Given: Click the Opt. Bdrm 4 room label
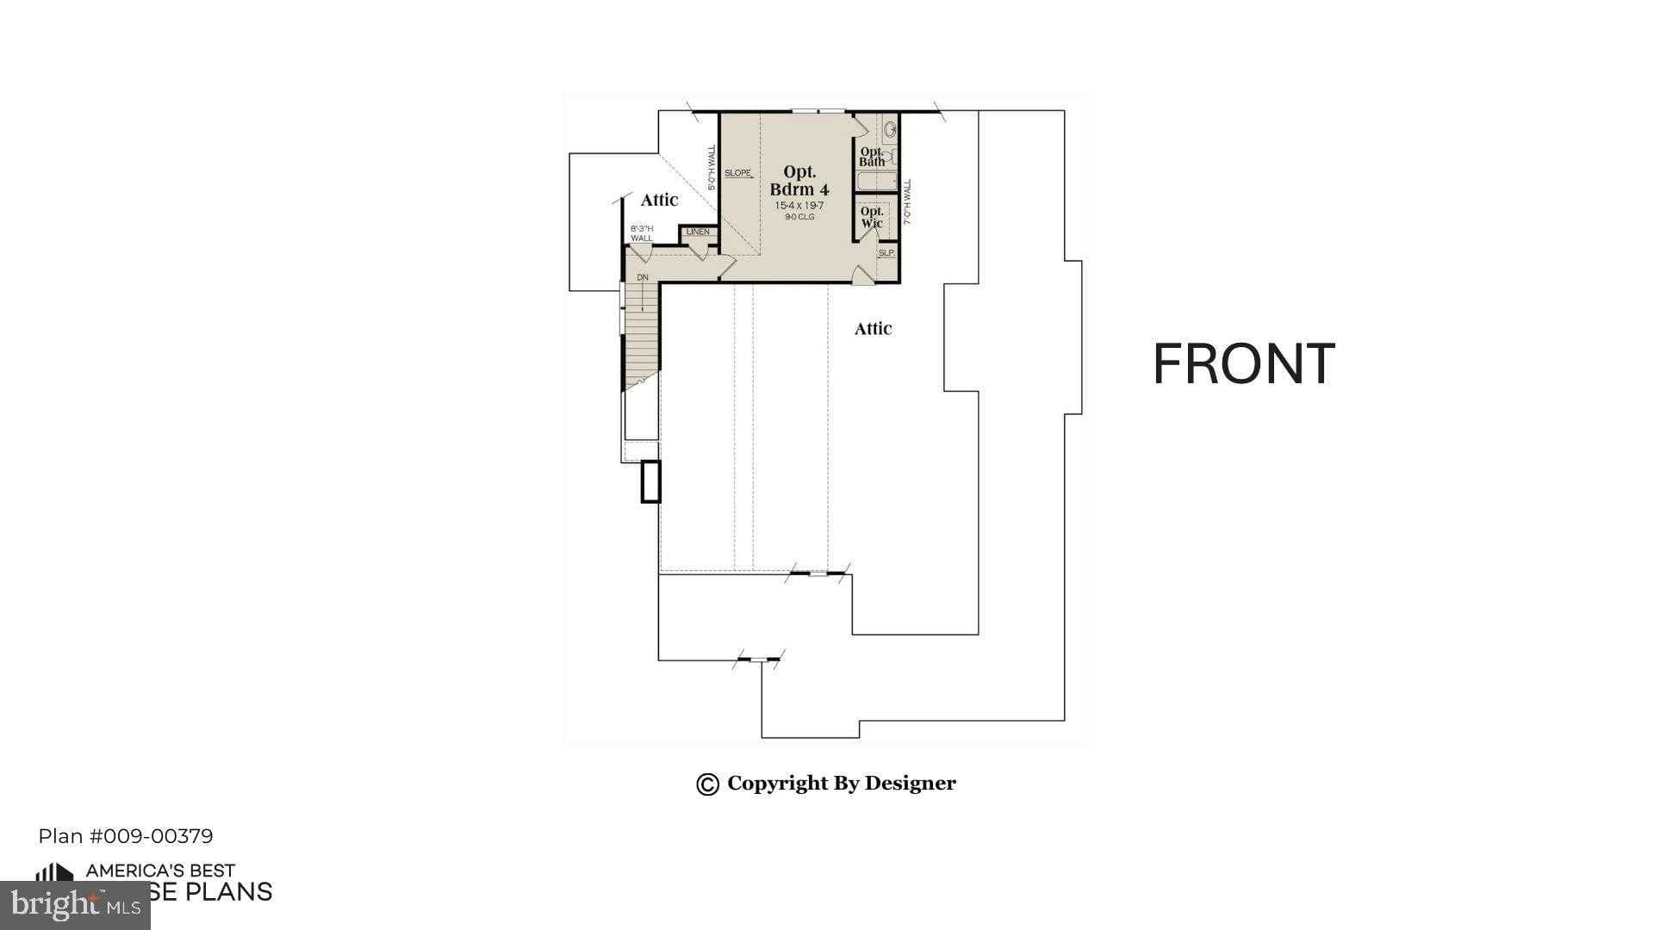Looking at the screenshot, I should click(x=799, y=181).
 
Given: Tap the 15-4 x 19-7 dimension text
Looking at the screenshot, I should click(x=799, y=206).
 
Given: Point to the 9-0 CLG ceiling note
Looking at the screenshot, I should click(x=799, y=217).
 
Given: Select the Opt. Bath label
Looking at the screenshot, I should click(x=872, y=157).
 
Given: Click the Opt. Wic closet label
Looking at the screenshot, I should click(x=872, y=217).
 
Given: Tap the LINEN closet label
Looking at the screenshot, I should click(x=698, y=232).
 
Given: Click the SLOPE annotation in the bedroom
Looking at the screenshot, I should click(x=738, y=173).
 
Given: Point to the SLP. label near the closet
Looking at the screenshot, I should click(x=886, y=253).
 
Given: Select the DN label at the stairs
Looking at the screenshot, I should click(x=643, y=278).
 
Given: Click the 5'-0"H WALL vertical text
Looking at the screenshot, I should click(x=712, y=168).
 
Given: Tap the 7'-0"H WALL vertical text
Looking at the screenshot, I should click(x=907, y=202).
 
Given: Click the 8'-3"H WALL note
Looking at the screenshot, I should click(x=642, y=233).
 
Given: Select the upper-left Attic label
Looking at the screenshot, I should click(x=659, y=200).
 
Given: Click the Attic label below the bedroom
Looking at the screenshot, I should click(x=873, y=329).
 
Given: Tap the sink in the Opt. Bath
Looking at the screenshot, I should click(x=890, y=130).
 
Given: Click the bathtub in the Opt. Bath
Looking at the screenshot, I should click(x=877, y=182).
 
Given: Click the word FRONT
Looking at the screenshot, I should click(x=1243, y=364).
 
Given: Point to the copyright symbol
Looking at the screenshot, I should click(x=707, y=784).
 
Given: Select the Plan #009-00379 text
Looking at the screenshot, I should click(x=126, y=836).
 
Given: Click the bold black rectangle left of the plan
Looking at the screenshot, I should click(x=650, y=481).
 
